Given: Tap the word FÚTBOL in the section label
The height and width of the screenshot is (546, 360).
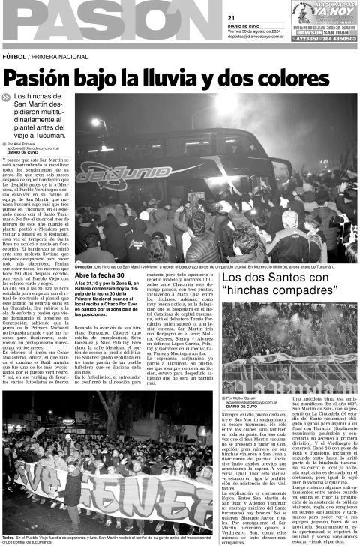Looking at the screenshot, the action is click(x=14, y=56).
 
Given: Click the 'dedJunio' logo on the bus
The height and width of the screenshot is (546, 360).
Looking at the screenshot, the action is click(x=127, y=174).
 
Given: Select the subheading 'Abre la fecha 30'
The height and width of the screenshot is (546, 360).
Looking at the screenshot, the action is click(x=100, y=276).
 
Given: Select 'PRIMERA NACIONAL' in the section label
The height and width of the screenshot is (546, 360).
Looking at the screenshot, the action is click(x=54, y=56).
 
